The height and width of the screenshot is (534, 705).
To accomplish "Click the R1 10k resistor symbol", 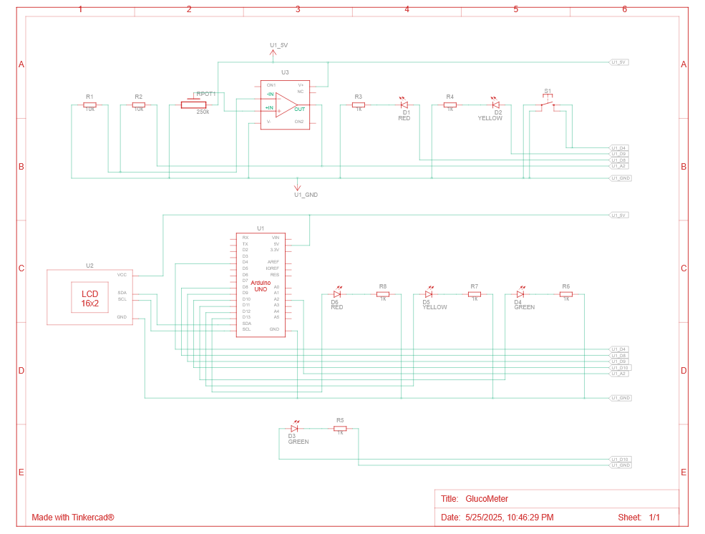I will (89, 105).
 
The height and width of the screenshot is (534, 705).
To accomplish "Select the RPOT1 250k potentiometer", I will (193, 105).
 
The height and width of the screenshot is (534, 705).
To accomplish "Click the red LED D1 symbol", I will (404, 105).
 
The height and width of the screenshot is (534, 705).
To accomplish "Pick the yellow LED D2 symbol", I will (495, 105).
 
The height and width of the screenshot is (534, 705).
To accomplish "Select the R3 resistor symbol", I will (359, 105).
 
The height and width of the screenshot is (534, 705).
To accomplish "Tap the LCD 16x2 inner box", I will (89, 298).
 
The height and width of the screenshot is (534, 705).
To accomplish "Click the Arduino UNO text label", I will (260, 286).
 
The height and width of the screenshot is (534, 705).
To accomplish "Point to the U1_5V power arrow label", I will (278, 45).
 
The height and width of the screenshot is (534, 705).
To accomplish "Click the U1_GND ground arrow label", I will (306, 194).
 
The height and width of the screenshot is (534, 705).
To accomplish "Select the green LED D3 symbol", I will (294, 428).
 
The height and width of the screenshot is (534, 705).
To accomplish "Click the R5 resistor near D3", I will (340, 428).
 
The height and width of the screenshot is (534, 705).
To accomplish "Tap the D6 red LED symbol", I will (337, 293).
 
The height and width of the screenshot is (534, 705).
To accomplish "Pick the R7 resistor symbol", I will (475, 293).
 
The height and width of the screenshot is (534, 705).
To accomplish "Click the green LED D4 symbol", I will (520, 293).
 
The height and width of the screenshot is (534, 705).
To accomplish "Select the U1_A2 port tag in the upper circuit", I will (619, 166).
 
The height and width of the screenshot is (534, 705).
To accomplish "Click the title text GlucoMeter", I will (487, 499).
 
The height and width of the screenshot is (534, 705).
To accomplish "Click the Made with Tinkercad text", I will (73, 517).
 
